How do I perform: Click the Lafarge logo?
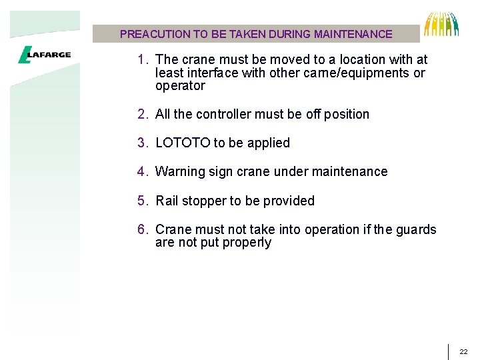pos(44,55)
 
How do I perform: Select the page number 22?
pos(464,351)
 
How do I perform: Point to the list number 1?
pos(141,60)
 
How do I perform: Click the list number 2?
pos(141,114)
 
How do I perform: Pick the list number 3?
pos(141,143)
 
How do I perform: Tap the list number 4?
pos(141,171)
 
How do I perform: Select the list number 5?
pos(141,201)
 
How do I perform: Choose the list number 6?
pos(141,229)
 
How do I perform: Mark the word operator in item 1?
pos(180,86)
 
